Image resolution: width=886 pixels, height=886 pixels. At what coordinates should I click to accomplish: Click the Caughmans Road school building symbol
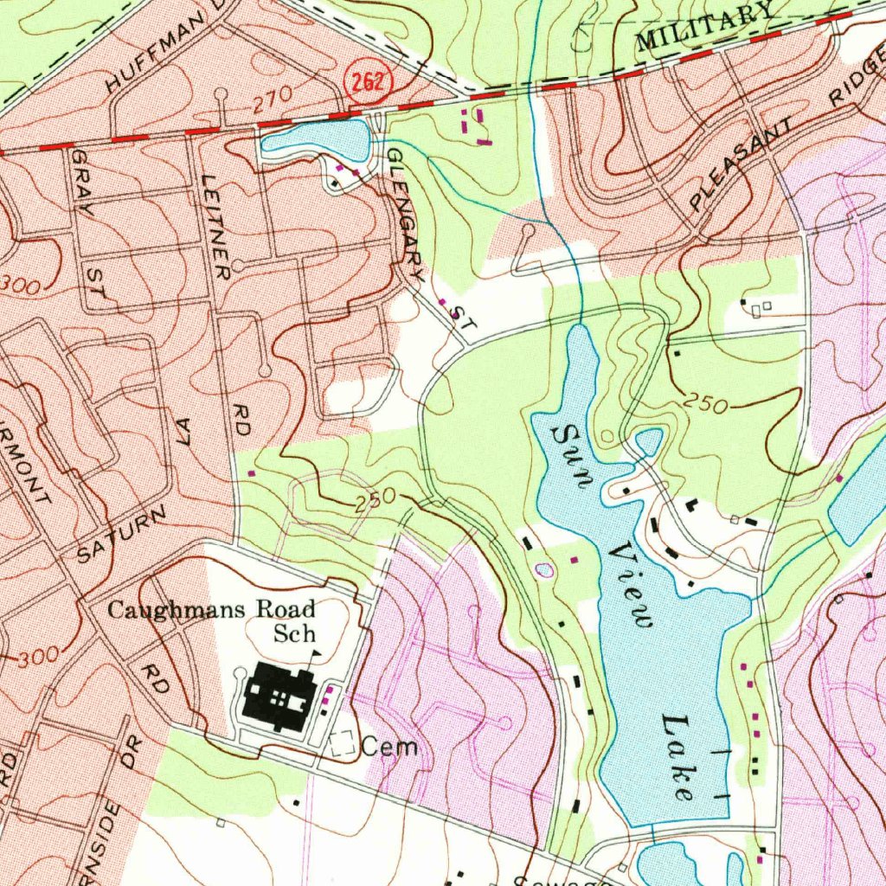coord(278,696)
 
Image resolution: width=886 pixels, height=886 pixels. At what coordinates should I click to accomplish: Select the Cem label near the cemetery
coord(389,746)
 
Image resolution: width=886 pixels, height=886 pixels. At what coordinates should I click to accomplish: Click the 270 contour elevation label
coord(273,103)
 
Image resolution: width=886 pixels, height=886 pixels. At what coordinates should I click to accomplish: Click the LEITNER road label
coord(215,227)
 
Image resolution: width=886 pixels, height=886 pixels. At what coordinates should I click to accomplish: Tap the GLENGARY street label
coord(405,213)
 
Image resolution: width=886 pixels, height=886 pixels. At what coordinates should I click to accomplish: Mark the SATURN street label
coord(120,536)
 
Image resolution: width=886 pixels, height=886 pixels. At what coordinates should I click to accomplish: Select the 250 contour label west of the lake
coord(375,499)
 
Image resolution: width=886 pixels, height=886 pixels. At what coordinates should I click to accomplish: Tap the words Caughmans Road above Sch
coord(210,609)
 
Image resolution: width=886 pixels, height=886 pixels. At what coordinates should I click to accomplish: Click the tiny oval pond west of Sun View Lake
coord(544,570)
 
